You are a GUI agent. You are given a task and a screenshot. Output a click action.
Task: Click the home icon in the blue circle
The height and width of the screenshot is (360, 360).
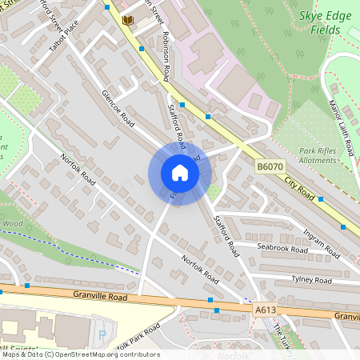tap(180, 174)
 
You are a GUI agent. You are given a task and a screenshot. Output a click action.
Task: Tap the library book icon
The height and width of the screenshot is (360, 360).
tap(126, 20)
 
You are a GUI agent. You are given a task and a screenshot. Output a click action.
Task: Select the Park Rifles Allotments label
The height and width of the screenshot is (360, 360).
tap(306, 155)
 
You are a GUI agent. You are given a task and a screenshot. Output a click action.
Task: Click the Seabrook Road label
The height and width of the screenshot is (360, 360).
tap(282, 250)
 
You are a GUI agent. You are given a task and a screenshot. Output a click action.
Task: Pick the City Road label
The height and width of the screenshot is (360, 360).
tap(299, 190)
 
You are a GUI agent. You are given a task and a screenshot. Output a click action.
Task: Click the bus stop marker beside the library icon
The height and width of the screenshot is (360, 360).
tap(106, 6)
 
